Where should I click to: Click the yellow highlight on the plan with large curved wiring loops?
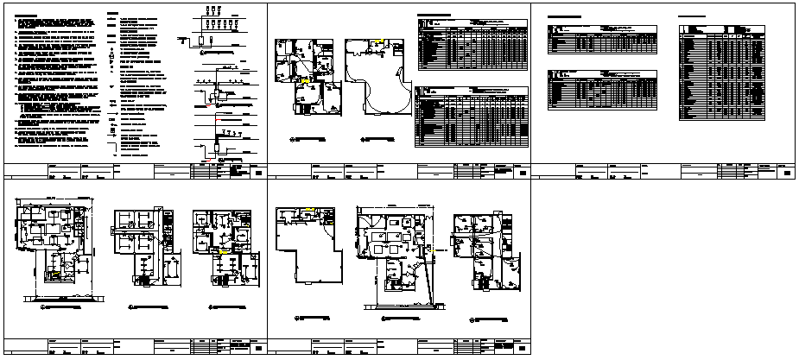tap(377, 41)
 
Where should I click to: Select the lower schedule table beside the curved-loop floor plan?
tap(471, 117)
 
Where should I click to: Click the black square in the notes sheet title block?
tap(258, 174)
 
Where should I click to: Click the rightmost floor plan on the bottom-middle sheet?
tap(487, 250)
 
